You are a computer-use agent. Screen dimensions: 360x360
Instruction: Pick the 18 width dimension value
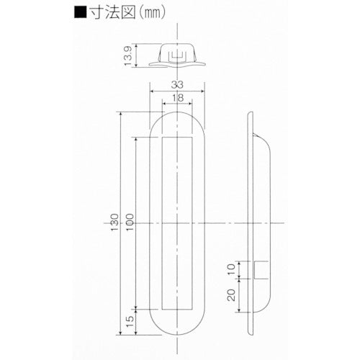point(177,98)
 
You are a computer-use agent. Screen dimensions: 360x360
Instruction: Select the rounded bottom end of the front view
point(178,328)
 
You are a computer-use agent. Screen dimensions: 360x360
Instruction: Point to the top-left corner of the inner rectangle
point(163,136)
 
